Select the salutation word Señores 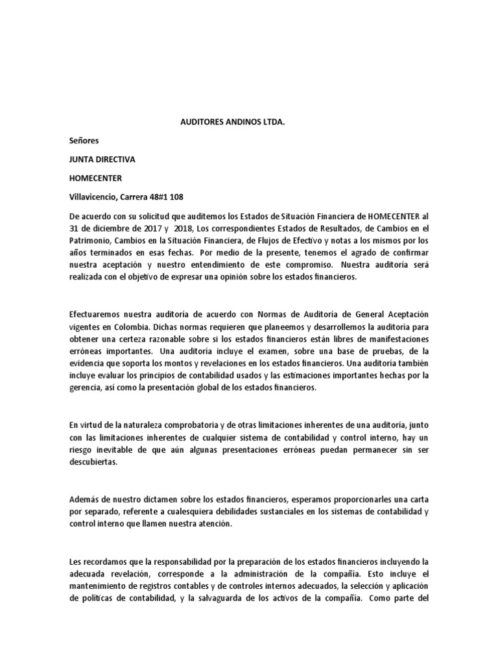85,139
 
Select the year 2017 154,228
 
